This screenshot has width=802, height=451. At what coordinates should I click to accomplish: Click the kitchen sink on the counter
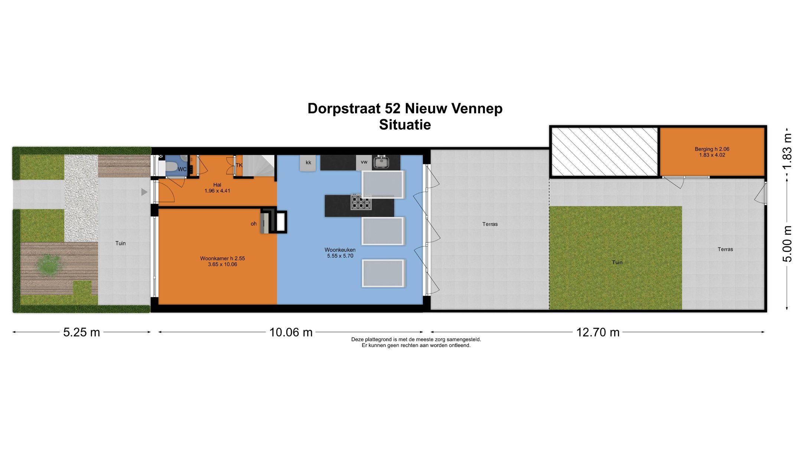[381, 162]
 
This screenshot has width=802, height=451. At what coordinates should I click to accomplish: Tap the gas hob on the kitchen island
[361, 202]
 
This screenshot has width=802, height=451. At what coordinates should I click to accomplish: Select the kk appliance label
[308, 163]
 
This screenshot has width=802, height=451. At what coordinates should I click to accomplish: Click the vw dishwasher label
[364, 162]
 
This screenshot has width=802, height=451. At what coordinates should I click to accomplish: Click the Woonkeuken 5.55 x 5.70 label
[340, 253]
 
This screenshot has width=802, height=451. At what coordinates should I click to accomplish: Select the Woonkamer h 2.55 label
[222, 259]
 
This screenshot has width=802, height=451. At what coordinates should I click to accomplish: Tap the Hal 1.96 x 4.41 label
[217, 188]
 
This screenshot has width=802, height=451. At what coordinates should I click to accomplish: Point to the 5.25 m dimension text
[82, 332]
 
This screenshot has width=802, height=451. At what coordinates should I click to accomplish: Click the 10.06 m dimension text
[291, 332]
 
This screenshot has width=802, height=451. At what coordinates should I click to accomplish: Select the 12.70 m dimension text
[598, 332]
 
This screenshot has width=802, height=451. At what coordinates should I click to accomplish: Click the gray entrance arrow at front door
[144, 192]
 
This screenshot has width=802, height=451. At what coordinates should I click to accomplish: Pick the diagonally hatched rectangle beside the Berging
[604, 151]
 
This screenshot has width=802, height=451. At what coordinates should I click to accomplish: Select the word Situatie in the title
[405, 125]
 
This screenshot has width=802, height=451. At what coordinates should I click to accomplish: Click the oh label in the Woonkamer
[254, 224]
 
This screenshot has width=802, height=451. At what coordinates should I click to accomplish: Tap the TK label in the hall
[239, 165]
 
